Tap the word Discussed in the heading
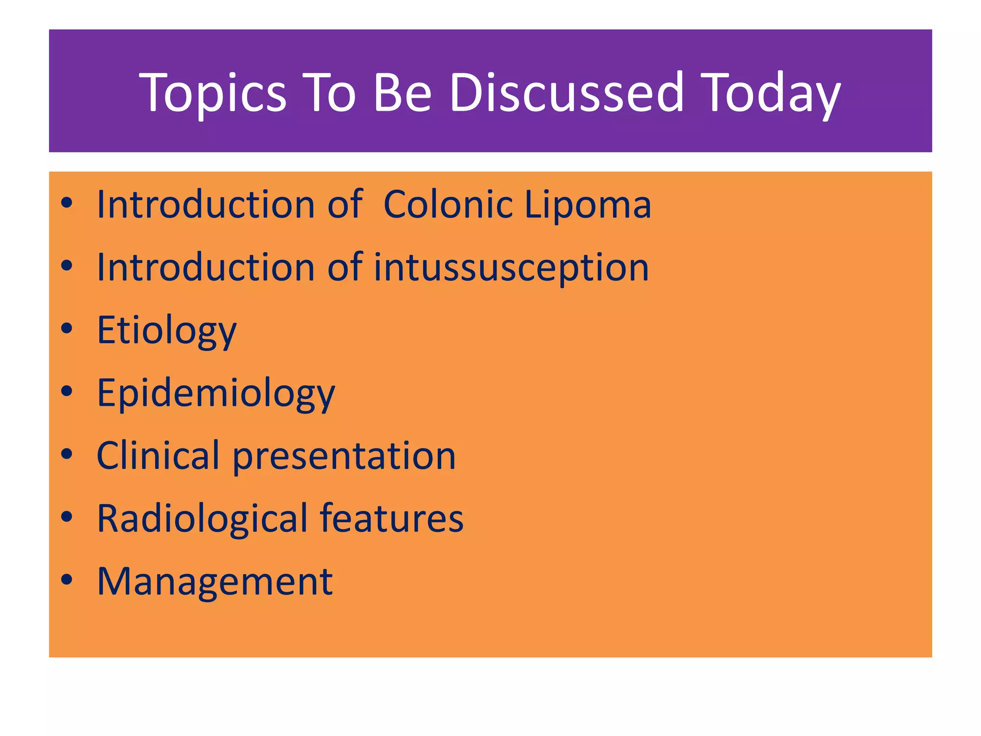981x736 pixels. (x=567, y=92)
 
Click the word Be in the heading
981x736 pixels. (x=402, y=92)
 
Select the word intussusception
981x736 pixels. (x=511, y=267)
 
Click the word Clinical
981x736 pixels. (x=158, y=455)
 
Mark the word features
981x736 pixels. (x=391, y=518)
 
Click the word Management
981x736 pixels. (x=215, y=582)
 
